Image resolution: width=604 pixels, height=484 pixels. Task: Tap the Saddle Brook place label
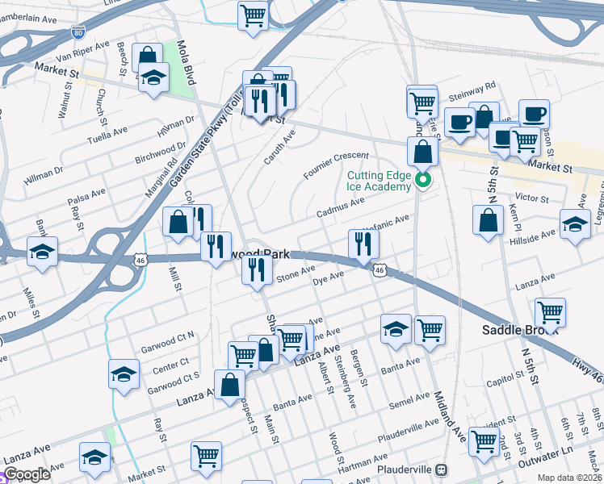(x=516, y=330)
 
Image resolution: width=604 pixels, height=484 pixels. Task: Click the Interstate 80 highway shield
(x=78, y=32)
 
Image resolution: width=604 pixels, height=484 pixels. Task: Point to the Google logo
(x=27, y=475)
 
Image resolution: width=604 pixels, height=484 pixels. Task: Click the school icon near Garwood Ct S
(x=124, y=373)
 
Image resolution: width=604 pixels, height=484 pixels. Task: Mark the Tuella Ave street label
(x=108, y=132)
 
